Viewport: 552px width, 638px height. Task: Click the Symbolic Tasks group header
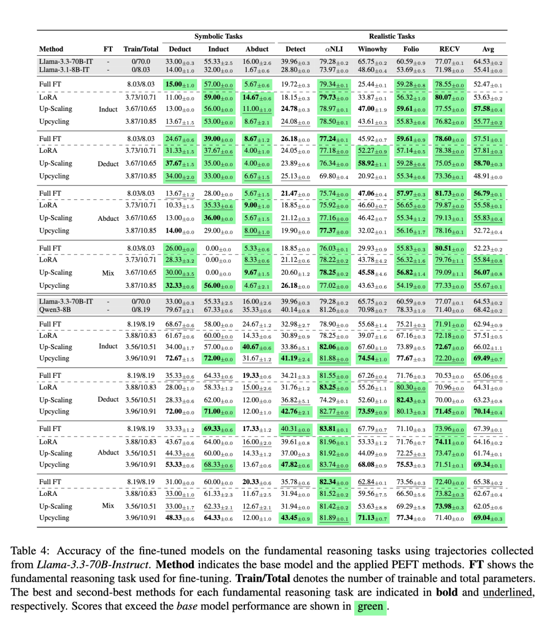pos(218,36)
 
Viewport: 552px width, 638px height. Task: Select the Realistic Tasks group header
pos(392,36)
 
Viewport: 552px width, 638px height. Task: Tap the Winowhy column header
pos(372,49)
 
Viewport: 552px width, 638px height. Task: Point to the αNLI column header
pos(334,49)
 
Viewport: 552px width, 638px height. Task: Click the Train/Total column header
pos(141,49)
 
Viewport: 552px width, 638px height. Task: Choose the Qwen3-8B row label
pos(55,309)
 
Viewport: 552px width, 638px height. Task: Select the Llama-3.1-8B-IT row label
pos(64,70)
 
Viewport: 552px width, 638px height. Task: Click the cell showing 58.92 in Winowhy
pos(372,164)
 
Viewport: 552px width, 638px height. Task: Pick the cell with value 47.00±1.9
pos(372,109)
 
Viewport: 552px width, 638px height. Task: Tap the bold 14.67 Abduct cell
pos(257,97)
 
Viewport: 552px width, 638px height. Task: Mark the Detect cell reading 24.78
pos(295,109)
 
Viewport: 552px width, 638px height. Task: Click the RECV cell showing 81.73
pos(449,193)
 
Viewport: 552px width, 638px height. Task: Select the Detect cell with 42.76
pos(295,412)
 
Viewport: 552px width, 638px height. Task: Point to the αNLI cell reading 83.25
pos(334,388)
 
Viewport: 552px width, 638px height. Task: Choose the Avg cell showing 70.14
pos(488,412)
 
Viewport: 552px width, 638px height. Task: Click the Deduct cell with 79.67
pos(179,310)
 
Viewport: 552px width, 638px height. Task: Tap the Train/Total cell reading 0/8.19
pos(141,310)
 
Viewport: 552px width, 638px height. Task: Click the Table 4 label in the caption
pos(30,551)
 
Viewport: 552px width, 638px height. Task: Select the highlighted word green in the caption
pos(370,606)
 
